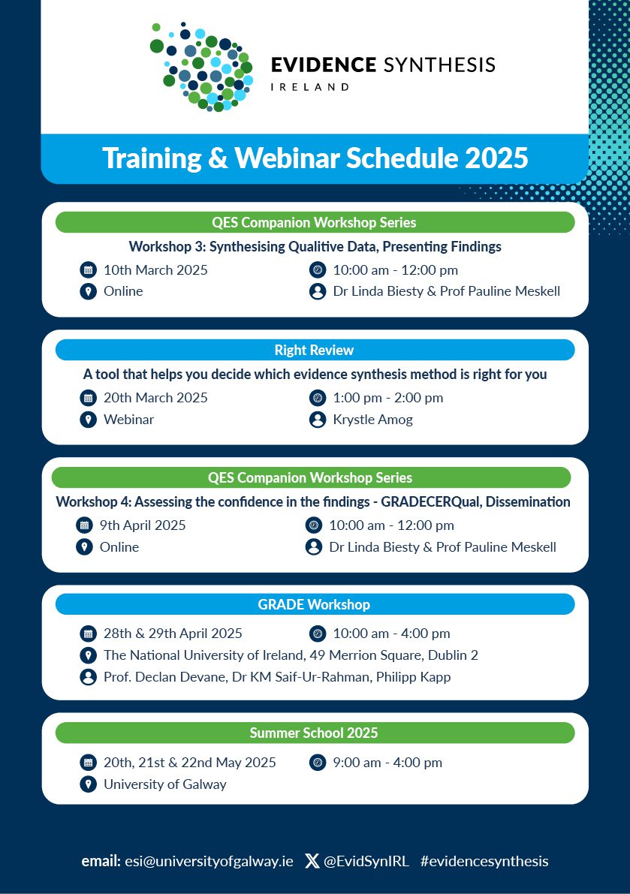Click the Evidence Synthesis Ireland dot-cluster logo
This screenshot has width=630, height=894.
pyautogui.click(x=201, y=66)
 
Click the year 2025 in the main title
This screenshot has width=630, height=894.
pyautogui.click(x=496, y=158)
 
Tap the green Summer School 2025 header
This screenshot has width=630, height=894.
pyautogui.click(x=314, y=733)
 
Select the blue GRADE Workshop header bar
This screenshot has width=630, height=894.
pyautogui.click(x=314, y=604)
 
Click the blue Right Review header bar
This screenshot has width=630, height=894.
pyautogui.click(x=314, y=350)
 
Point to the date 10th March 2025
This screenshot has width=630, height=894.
pyautogui.click(x=155, y=270)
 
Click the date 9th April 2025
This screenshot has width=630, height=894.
pyautogui.click(x=143, y=525)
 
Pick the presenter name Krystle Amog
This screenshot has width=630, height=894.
pyautogui.click(x=372, y=420)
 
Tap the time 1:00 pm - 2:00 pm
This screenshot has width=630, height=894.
pyautogui.click(x=387, y=398)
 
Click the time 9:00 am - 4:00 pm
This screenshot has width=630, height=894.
pyautogui.click(x=387, y=763)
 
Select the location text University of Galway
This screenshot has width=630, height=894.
pyautogui.click(x=164, y=784)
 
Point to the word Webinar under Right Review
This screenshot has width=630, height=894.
pyautogui.click(x=128, y=420)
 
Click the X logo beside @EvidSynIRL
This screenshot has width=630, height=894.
pyautogui.click(x=312, y=862)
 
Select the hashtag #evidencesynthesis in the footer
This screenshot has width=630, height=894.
pyautogui.click(x=484, y=862)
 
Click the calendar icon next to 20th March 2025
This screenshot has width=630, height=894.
pyautogui.click(x=88, y=398)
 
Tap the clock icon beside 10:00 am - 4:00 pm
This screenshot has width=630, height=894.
pyautogui.click(x=317, y=634)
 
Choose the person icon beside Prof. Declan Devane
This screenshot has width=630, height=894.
pyautogui.click(x=88, y=677)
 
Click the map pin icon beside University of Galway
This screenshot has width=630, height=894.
pyautogui.click(x=88, y=784)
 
